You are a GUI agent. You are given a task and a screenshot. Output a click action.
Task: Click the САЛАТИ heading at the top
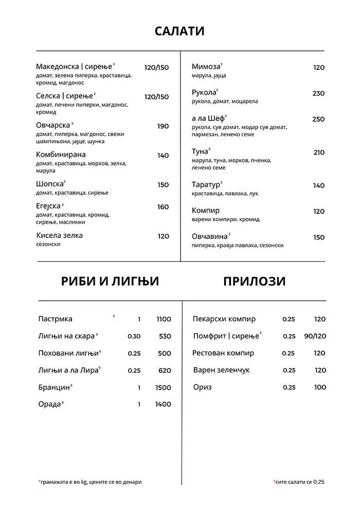click(179, 31)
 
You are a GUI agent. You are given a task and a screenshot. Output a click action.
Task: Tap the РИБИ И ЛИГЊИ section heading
click(110, 281)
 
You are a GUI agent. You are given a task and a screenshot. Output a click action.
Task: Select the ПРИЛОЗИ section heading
click(254, 281)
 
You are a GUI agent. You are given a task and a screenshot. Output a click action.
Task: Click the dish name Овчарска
click(52, 125)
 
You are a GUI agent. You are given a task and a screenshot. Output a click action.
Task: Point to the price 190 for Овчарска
click(163, 126)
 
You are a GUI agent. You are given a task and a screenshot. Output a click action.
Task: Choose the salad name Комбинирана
click(61, 155)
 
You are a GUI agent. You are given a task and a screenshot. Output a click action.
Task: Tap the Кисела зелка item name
click(59, 235)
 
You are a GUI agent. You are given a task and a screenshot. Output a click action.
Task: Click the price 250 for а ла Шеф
click(318, 119)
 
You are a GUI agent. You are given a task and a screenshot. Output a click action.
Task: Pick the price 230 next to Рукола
click(318, 94)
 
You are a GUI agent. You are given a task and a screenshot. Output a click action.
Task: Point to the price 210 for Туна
click(319, 153)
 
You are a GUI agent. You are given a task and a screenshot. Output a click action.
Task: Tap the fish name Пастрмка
click(55, 319)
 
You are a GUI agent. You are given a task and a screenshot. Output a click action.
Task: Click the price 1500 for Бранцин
click(163, 388)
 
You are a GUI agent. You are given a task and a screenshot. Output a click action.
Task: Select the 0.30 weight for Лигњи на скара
click(134, 336)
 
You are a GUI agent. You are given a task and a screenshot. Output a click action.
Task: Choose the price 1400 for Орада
click(163, 405)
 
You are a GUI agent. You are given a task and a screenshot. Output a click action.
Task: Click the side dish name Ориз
click(202, 387)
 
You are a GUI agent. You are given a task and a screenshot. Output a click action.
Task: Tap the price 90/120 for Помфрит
click(315, 336)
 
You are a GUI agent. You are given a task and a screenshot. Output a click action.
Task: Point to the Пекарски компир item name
click(224, 319)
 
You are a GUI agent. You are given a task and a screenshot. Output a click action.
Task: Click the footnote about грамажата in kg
click(91, 482)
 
